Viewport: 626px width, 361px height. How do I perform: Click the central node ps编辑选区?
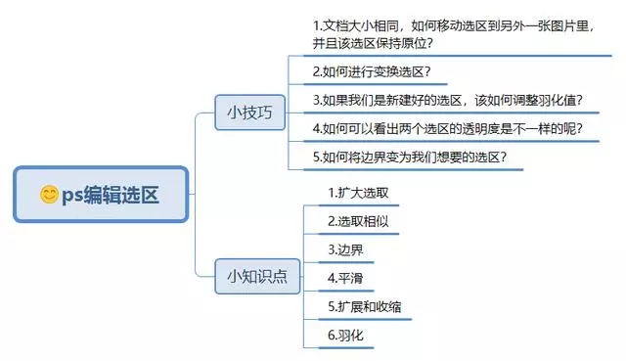tap(101, 195)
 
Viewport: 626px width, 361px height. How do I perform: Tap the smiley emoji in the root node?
tap(49, 195)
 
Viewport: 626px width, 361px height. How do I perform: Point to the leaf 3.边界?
tap(346, 249)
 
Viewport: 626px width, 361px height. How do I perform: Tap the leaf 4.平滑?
tap(346, 278)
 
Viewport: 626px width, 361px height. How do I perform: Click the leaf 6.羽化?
tap(346, 335)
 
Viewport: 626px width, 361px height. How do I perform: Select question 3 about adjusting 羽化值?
tap(447, 99)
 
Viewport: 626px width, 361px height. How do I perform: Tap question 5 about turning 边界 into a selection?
tap(409, 156)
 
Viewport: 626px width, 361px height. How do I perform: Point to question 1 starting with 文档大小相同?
tap(454, 33)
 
